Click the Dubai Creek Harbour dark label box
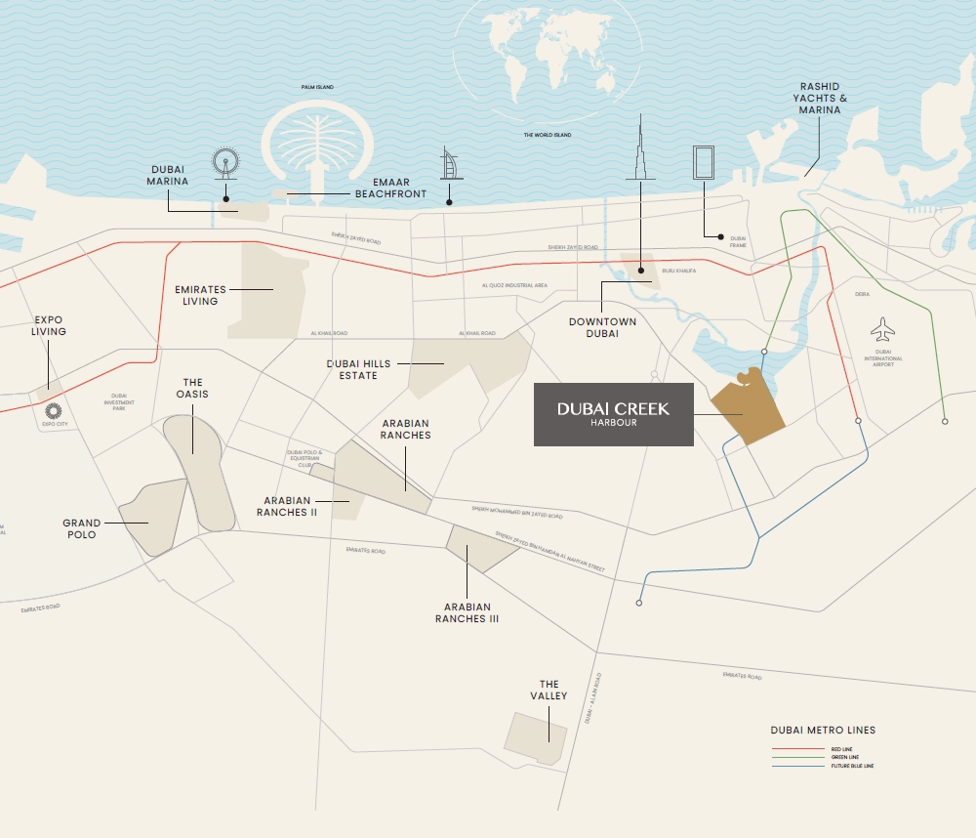[x=613, y=414]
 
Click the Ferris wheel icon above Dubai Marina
[x=225, y=163]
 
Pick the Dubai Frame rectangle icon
[x=703, y=162]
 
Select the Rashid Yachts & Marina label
[x=818, y=98]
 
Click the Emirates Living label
[x=200, y=295]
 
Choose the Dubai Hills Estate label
[x=358, y=369]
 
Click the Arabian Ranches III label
[x=467, y=613]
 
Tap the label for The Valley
[x=549, y=690]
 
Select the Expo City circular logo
[x=54, y=409]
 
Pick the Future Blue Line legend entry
[x=820, y=766]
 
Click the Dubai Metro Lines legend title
[x=823, y=730]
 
